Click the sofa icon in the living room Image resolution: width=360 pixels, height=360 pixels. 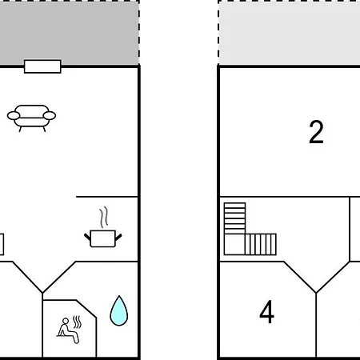click(31, 118)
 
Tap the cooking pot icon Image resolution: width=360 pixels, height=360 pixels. click(103, 238)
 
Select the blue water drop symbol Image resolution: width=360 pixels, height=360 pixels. click(119, 311)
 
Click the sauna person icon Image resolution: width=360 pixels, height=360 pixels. click(69, 330)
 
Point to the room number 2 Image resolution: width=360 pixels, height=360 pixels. click(316, 132)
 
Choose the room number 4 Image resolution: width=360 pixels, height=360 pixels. click(266, 311)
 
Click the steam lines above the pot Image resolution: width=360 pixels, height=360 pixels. click(104, 217)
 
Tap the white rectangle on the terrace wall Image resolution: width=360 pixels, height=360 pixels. click(42, 66)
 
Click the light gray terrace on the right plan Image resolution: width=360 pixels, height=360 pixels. click(290, 34)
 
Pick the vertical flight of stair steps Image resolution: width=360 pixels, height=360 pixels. click(234, 218)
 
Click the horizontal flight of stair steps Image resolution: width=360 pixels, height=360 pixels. click(261, 245)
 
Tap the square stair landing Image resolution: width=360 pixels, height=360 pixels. click(234, 245)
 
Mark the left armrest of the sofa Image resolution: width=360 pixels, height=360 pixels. click(14, 116)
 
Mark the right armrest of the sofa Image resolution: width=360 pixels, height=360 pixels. click(50, 116)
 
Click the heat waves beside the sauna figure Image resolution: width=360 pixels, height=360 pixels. click(77, 322)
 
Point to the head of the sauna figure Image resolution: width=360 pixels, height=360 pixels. click(66, 321)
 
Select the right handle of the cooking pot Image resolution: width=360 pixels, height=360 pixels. click(118, 237)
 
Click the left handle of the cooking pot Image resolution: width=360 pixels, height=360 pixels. click(87, 237)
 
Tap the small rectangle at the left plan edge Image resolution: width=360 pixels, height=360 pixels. click(2, 244)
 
